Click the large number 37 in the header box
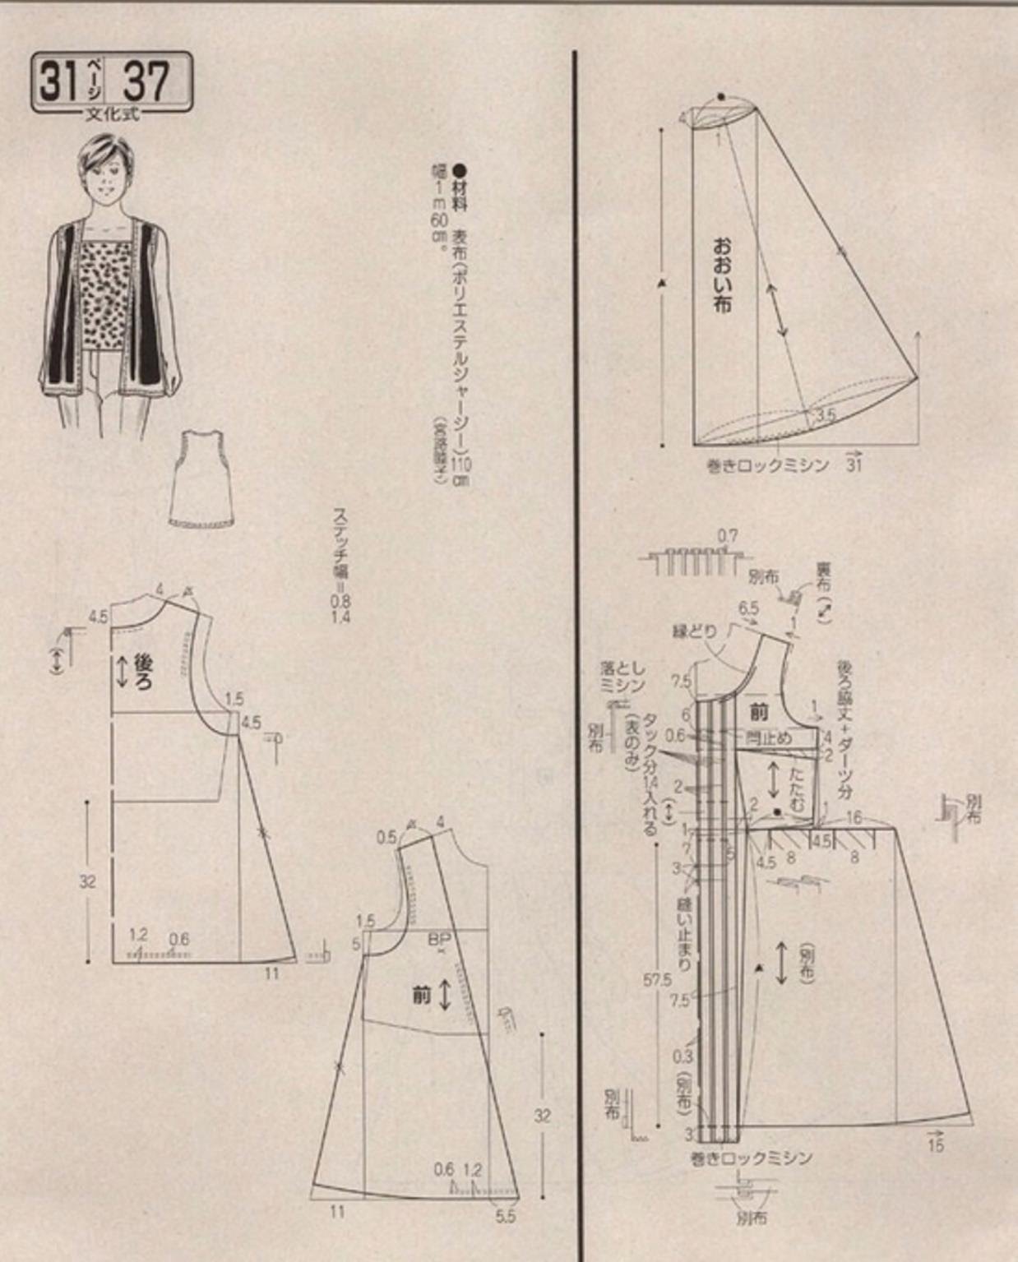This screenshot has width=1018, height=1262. point(146,81)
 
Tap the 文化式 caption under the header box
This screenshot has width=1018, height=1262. point(113,114)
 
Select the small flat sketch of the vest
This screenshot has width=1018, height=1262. point(202,478)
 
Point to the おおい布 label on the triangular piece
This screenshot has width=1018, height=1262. point(722,275)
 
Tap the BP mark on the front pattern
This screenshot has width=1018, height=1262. point(439,938)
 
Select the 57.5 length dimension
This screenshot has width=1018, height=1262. point(657,979)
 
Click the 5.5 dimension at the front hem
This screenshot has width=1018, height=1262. point(507,1215)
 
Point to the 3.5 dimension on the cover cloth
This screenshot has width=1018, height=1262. point(826,414)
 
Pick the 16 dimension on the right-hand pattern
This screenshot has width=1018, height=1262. point(854,817)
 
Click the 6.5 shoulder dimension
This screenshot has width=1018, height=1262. point(748,609)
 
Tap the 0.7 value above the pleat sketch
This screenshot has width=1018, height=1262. point(727,537)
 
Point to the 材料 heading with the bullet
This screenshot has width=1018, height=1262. point(459,187)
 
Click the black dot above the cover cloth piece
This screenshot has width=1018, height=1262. point(721,96)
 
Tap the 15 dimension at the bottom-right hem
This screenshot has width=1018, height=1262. point(935,1144)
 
